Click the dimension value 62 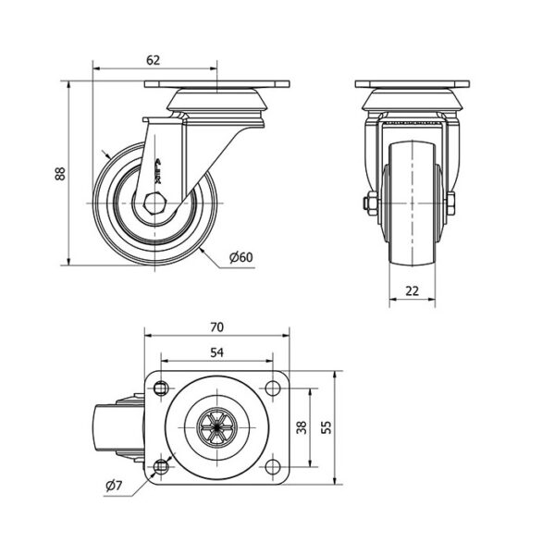pos(153,60)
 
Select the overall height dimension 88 pos(60,174)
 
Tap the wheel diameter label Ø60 pos(241,257)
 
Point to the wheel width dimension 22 pos(412,291)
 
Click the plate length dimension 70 pos(217,327)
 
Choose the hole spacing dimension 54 pos(217,352)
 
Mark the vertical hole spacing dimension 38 pos(302,427)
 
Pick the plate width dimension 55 pos(327,427)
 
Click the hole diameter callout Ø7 pos(114,486)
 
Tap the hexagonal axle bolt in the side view pos(154,203)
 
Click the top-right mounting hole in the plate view pos(272,388)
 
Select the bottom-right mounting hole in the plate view pos(272,467)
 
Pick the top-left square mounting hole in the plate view pos(161,388)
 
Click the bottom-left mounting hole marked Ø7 pos(161,467)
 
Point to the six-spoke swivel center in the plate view pos(216,427)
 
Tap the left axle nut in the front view pos(370,203)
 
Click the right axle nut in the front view pos(450,203)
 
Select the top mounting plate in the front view pos(413,84)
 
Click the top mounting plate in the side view pos(217,84)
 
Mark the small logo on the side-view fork pos(158,171)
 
